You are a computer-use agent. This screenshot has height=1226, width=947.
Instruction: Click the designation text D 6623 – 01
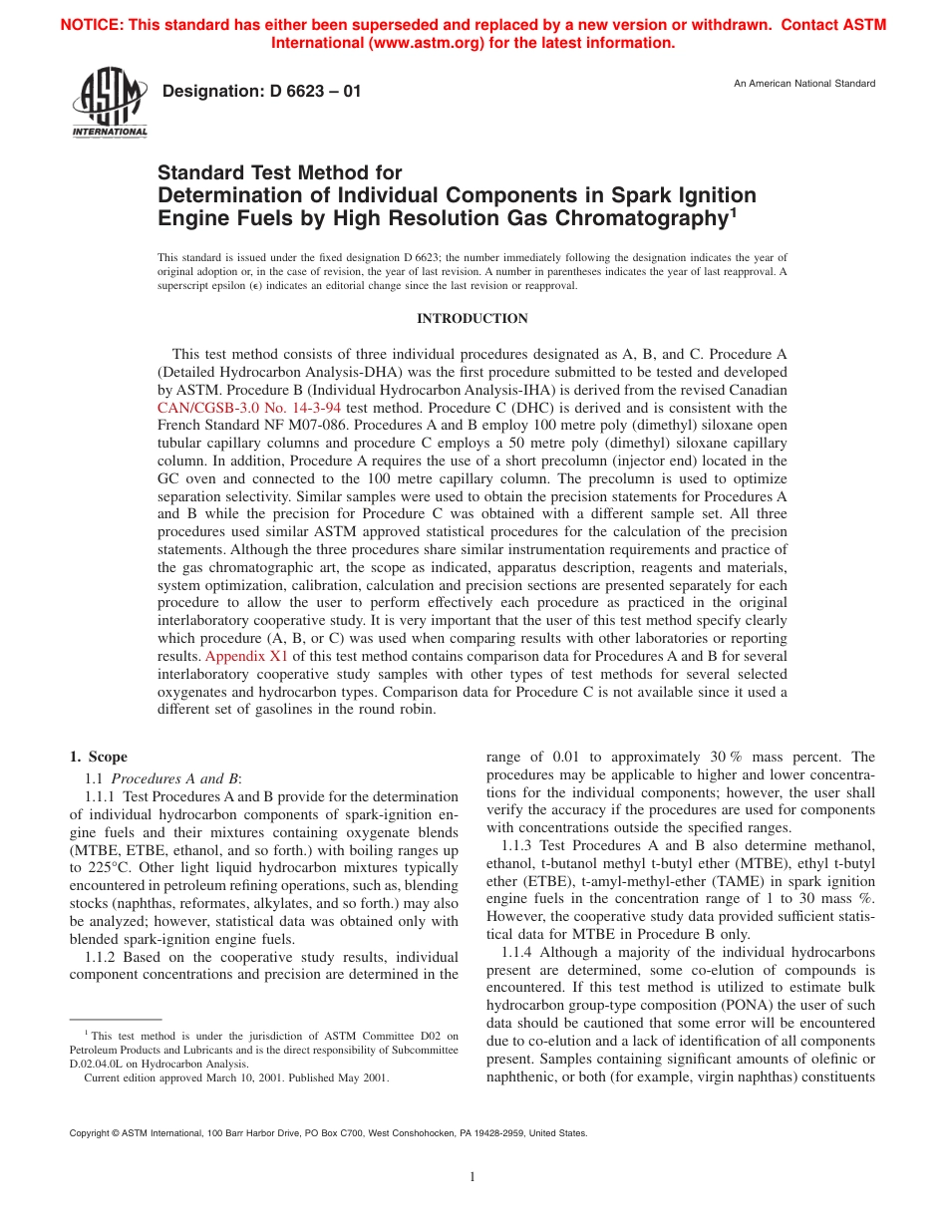click(261, 92)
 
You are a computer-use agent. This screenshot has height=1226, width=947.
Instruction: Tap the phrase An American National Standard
click(804, 84)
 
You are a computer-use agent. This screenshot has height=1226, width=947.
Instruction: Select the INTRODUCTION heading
click(473, 319)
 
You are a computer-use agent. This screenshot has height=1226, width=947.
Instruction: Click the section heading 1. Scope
click(98, 758)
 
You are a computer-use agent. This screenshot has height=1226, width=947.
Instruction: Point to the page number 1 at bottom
click(473, 1177)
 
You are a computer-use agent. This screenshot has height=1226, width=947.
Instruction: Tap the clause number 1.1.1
click(102, 796)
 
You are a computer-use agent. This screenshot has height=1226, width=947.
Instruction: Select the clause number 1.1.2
click(102, 956)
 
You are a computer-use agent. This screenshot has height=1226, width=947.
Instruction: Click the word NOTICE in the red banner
click(96, 25)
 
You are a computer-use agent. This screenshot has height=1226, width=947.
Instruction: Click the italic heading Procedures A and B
click(175, 777)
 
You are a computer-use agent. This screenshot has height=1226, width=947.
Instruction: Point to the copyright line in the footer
click(329, 1133)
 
